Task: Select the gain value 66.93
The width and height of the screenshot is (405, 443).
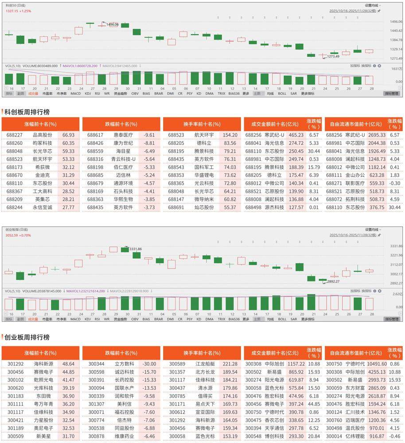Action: point(68,135)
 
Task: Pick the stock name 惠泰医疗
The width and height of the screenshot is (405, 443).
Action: point(123,135)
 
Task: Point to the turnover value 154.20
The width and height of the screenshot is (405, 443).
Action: point(230,135)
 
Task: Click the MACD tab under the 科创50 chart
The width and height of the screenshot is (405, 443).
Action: point(76,93)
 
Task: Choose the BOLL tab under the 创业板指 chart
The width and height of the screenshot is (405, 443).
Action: point(282,319)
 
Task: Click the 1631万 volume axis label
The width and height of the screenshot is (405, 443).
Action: point(397,69)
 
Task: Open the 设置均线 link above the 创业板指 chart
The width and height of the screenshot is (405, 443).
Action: point(371,229)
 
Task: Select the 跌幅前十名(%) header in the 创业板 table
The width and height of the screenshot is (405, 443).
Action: point(121,353)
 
